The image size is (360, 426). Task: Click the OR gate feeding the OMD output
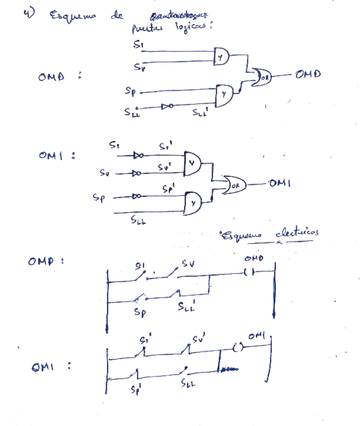[262, 76]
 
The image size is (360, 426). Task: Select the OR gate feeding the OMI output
[234, 184]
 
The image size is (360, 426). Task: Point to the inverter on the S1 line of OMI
[137, 156]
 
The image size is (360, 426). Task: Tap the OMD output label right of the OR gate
[308, 74]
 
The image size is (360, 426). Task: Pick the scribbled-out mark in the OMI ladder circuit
[229, 370]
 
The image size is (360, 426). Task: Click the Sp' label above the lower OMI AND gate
[168, 189]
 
